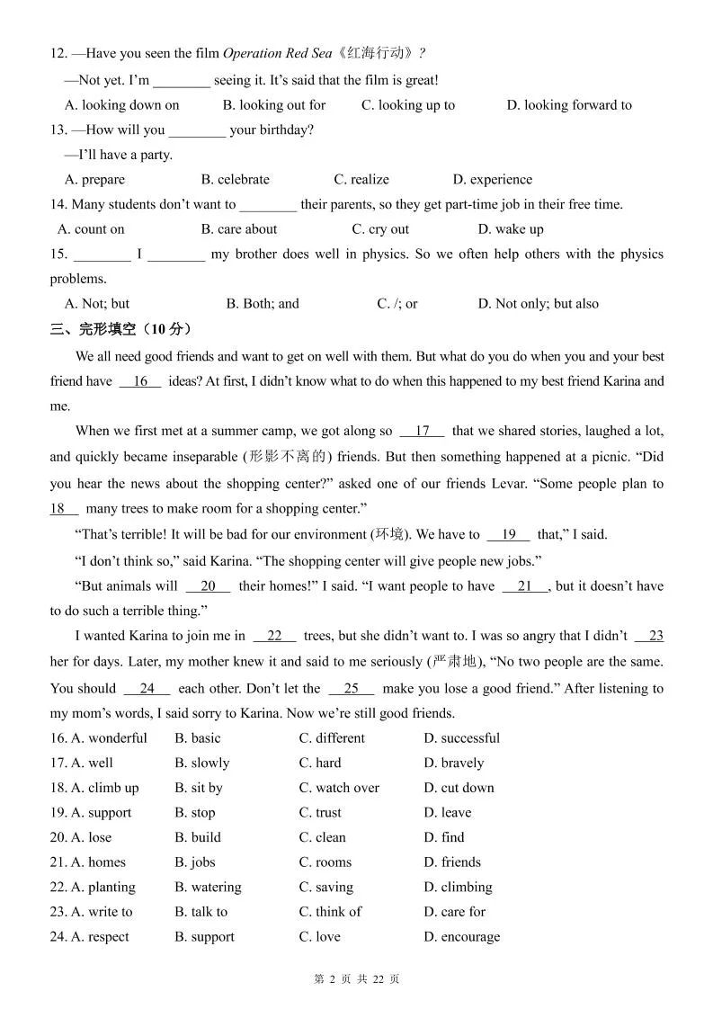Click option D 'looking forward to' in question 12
[569, 105]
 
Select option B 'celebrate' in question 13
[236, 179]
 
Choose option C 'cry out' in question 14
[380, 229]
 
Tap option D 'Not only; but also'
[538, 304]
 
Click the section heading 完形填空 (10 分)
[121, 329]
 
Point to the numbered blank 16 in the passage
[139, 381]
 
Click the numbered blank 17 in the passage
[423, 431]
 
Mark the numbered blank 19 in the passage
[508, 534]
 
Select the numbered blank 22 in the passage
[274, 636]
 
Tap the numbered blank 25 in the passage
[351, 689]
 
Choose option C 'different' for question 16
[332, 738]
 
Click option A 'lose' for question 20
[92, 837]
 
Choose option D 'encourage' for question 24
[461, 937]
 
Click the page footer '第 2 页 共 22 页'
[357, 979]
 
